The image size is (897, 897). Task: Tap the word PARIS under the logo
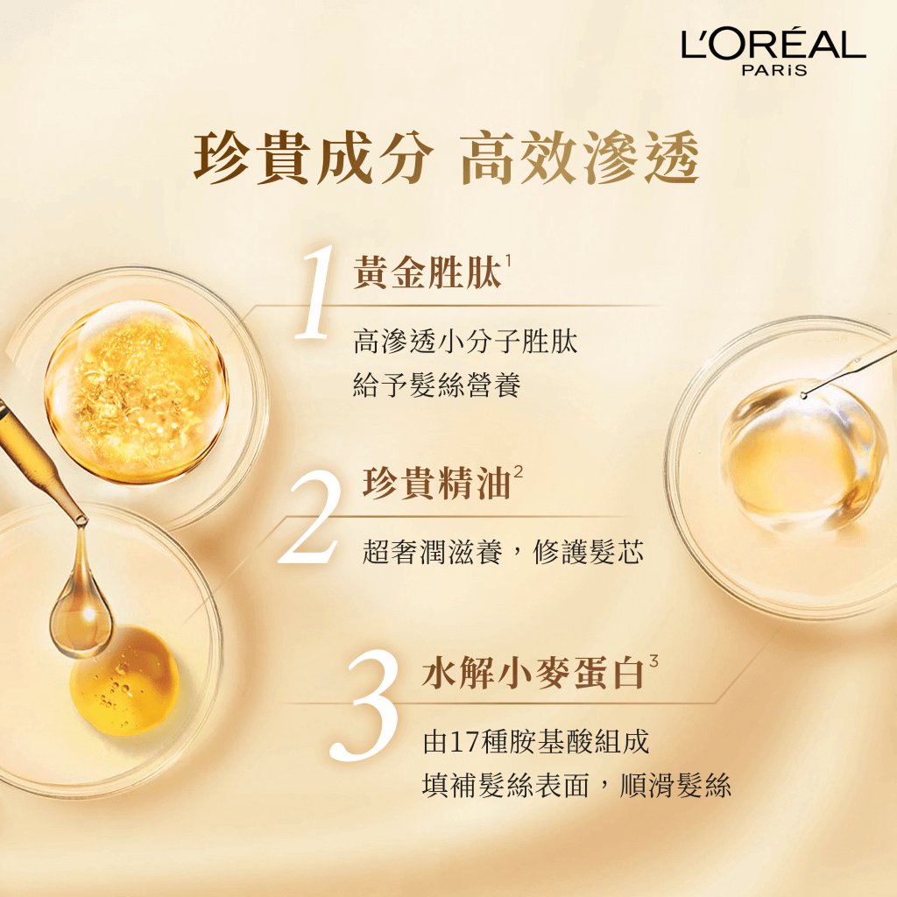point(774,70)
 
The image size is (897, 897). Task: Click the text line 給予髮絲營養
point(437,385)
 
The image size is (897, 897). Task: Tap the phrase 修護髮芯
point(588,553)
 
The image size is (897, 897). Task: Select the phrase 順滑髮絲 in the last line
point(675,785)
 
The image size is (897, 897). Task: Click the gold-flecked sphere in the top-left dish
point(137,393)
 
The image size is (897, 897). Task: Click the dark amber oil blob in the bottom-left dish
point(124,682)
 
